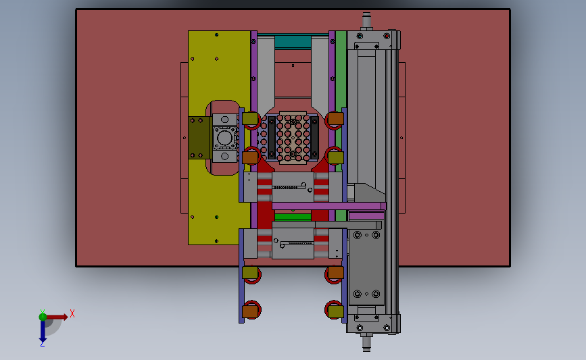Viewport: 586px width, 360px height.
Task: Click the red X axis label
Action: tap(72, 313)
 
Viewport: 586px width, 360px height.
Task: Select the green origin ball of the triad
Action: tap(43, 317)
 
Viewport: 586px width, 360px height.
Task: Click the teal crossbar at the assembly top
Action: tap(293, 41)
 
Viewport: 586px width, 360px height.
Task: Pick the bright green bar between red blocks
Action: tap(293, 217)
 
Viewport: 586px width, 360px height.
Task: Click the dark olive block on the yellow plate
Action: tap(200, 138)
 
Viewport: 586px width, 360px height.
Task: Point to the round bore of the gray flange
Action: tap(224, 137)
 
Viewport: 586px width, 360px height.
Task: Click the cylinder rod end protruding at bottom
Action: tap(366, 342)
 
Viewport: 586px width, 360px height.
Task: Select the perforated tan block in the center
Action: tap(293, 138)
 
